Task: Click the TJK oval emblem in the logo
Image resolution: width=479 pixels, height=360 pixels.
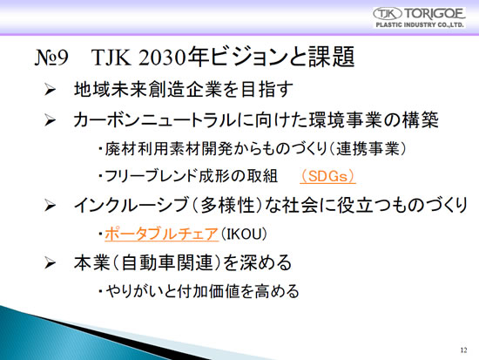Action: [387, 14]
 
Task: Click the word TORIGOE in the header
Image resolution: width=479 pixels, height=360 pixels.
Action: [434, 14]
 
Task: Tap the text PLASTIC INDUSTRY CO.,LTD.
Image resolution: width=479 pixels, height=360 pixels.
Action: [420, 25]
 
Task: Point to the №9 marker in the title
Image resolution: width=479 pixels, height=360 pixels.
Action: [51, 58]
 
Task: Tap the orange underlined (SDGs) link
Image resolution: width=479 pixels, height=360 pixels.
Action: [327, 176]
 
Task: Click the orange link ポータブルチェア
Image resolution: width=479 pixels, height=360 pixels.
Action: [162, 234]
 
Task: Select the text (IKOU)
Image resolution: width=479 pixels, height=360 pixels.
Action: [244, 234]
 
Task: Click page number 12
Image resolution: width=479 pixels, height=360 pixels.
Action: [463, 350]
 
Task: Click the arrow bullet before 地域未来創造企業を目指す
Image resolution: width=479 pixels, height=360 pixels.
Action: [50, 90]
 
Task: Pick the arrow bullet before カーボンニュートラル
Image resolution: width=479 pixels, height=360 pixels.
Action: [50, 119]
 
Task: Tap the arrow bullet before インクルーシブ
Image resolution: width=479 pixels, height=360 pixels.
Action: [50, 205]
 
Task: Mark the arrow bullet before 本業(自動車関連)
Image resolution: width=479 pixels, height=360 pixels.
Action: [50, 263]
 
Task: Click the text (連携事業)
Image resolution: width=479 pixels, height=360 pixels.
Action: [368, 149]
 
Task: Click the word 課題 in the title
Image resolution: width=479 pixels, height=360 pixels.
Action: [331, 57]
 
